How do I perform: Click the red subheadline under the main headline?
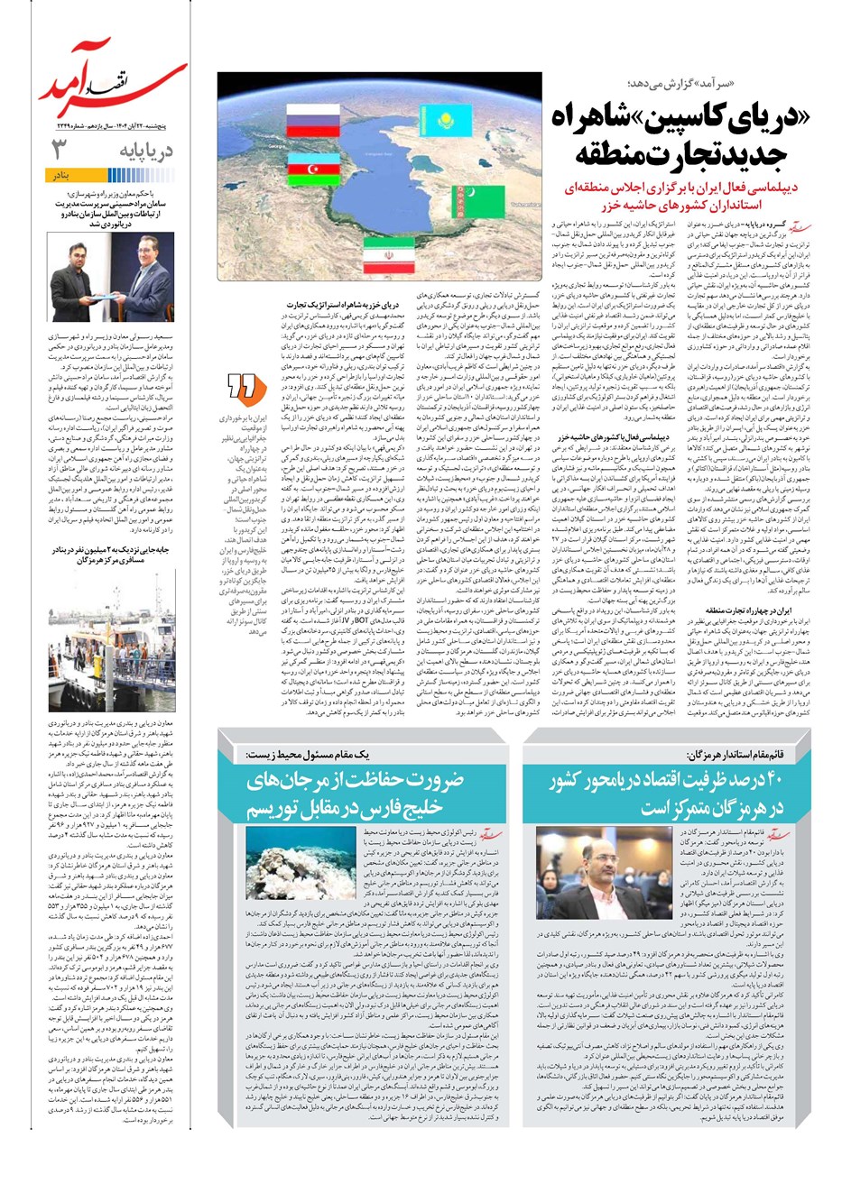pyautogui.click(x=677, y=197)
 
